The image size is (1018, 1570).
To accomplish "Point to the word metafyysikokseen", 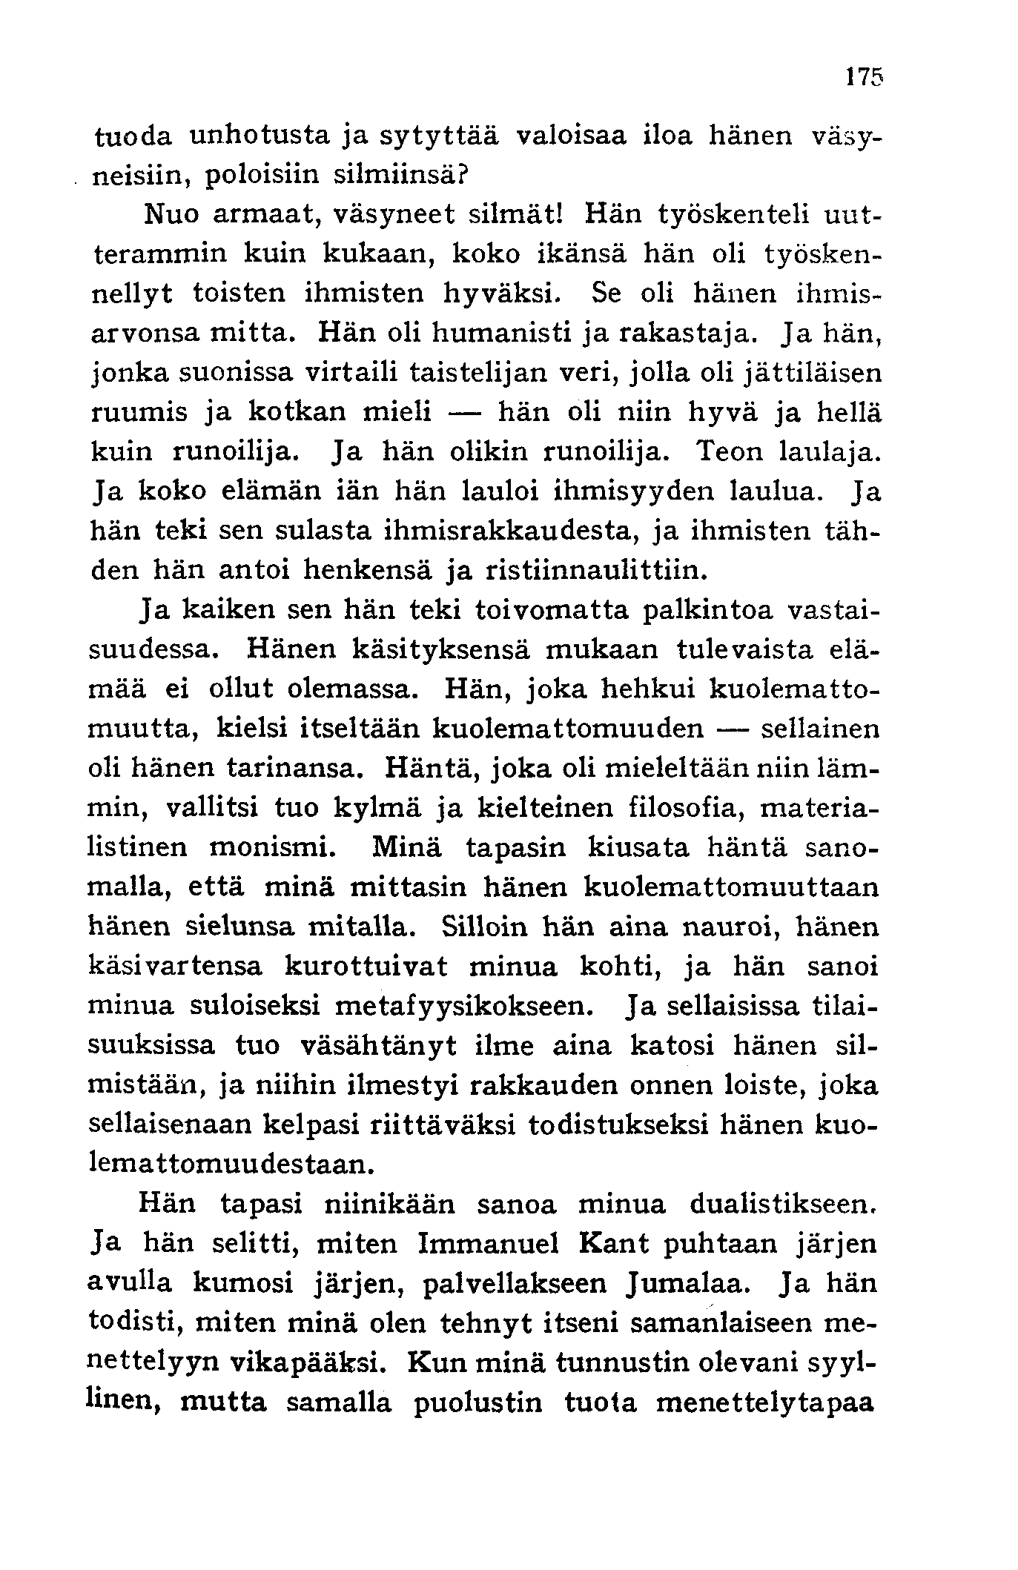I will [x=463, y=1006].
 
